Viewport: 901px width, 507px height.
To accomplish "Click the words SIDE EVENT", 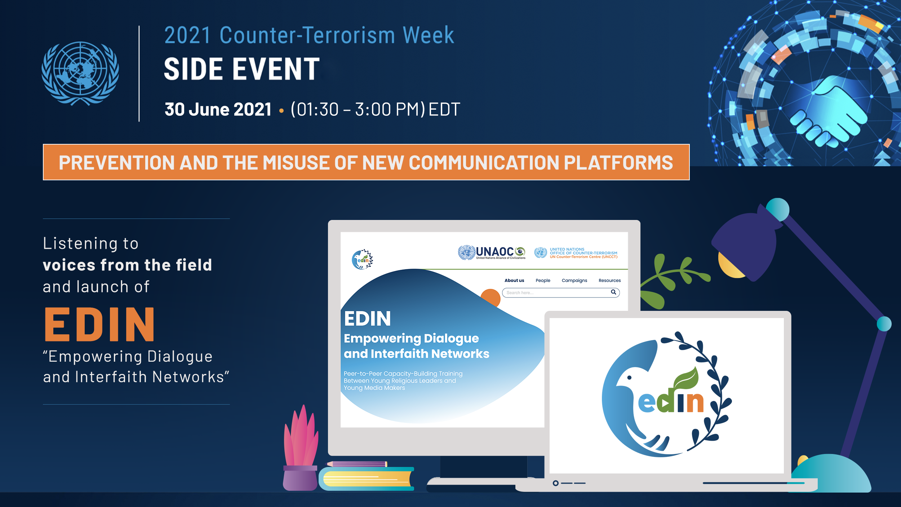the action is point(242,69).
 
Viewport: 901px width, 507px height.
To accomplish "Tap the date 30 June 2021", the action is point(218,109).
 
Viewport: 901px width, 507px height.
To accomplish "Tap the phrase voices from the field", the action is point(127,265).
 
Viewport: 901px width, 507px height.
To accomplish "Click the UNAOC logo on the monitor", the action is point(492,252).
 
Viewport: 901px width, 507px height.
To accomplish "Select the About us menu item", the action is point(514,281).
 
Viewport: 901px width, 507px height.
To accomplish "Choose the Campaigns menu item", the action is point(574,281).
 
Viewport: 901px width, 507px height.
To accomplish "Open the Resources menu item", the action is point(609,281).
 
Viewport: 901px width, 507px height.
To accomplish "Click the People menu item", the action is point(543,281).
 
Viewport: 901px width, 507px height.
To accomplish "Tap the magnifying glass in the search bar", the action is point(613,292).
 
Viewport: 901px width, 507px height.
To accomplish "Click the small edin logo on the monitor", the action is point(362,259).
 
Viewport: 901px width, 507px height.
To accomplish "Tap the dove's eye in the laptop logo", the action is point(629,378).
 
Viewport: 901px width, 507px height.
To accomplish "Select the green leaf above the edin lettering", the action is point(686,378).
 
